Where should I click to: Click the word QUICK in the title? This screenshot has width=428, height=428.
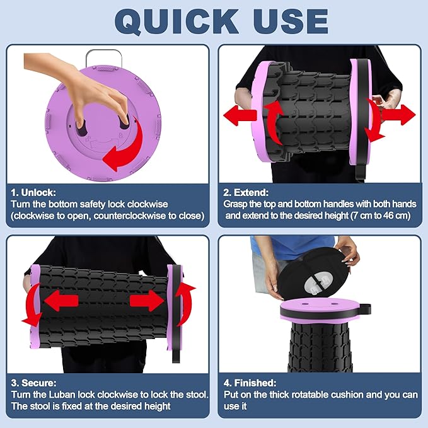[176, 22]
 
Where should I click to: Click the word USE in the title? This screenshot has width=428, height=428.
[291, 21]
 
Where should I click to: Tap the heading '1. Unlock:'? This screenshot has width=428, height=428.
[33, 192]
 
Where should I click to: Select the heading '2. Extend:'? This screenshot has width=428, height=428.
[246, 192]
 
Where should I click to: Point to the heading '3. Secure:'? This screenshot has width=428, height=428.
[33, 383]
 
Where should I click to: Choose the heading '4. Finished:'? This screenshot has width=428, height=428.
[250, 383]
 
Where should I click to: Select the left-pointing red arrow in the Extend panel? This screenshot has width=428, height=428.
[240, 116]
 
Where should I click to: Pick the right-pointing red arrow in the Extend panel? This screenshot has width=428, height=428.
[398, 115]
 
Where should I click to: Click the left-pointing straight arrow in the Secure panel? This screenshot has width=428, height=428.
[61, 301]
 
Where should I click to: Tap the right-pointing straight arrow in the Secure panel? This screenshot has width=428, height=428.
[147, 301]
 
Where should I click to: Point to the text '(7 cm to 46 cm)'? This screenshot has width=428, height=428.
[381, 216]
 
